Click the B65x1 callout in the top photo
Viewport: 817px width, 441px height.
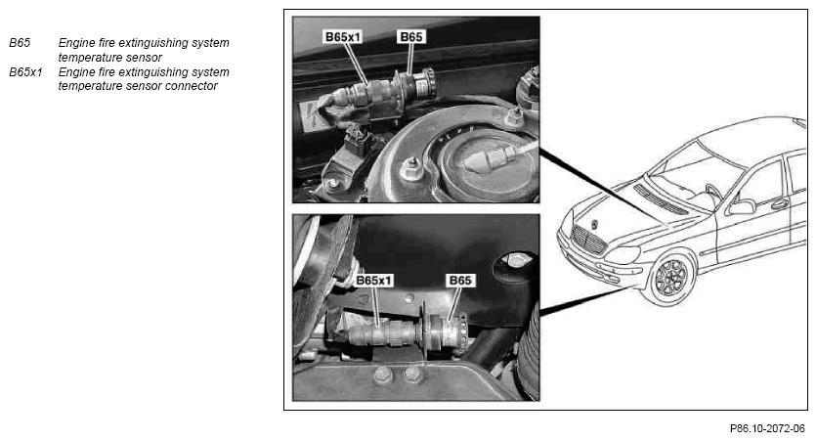click(x=343, y=36)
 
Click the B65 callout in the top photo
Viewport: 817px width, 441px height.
click(x=411, y=36)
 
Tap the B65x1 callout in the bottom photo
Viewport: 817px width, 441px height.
click(x=373, y=281)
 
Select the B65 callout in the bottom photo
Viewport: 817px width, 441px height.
click(x=460, y=281)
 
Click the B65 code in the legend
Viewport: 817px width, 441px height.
click(x=20, y=43)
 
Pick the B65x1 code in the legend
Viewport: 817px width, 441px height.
click(x=25, y=72)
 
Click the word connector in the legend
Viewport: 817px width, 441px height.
click(x=191, y=86)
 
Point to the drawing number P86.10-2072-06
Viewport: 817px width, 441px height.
click(x=767, y=428)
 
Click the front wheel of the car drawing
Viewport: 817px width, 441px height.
click(x=670, y=278)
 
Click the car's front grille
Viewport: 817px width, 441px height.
click(x=587, y=240)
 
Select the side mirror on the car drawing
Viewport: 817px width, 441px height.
click(x=742, y=207)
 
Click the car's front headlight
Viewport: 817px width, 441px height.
click(x=623, y=255)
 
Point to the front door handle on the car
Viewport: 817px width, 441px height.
click(x=780, y=204)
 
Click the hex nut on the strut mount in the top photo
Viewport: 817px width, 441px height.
click(x=411, y=168)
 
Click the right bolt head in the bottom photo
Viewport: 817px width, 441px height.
click(x=412, y=374)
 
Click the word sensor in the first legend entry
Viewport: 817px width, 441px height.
click(x=146, y=58)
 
